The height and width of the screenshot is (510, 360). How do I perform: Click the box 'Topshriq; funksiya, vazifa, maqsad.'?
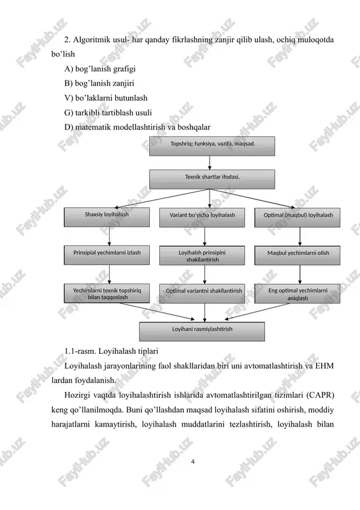tap(212, 146)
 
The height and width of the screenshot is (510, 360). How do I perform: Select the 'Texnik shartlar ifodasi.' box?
tap(212, 179)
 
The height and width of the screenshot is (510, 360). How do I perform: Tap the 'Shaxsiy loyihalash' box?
tap(106, 217)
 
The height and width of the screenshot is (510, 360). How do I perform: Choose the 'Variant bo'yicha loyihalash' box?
tap(202, 217)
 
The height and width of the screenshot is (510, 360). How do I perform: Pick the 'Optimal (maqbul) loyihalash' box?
tap(297, 217)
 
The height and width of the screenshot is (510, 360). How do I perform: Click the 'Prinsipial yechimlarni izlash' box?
tap(106, 256)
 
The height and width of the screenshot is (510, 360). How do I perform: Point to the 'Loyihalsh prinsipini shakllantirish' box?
tap(202, 256)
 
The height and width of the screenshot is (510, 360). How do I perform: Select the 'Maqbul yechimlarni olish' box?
tap(297, 256)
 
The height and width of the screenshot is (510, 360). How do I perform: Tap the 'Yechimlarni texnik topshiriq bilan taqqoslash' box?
tap(106, 293)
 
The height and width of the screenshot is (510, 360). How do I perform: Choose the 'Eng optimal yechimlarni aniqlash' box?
tap(297, 294)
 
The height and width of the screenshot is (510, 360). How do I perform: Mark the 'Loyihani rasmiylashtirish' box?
tap(202, 331)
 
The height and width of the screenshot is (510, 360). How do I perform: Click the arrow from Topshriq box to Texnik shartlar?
tap(210, 163)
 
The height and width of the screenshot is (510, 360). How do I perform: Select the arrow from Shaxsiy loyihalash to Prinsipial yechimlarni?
tap(109, 237)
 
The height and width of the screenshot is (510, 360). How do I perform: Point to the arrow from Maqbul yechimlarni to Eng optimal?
tap(300, 275)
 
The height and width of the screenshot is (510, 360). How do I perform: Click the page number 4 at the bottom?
tap(193, 462)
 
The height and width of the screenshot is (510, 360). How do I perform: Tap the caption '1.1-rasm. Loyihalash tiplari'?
tap(112, 351)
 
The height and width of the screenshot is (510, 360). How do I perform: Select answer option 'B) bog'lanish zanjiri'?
tap(99, 84)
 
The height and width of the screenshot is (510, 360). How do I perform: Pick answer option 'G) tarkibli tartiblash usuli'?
tap(108, 113)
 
